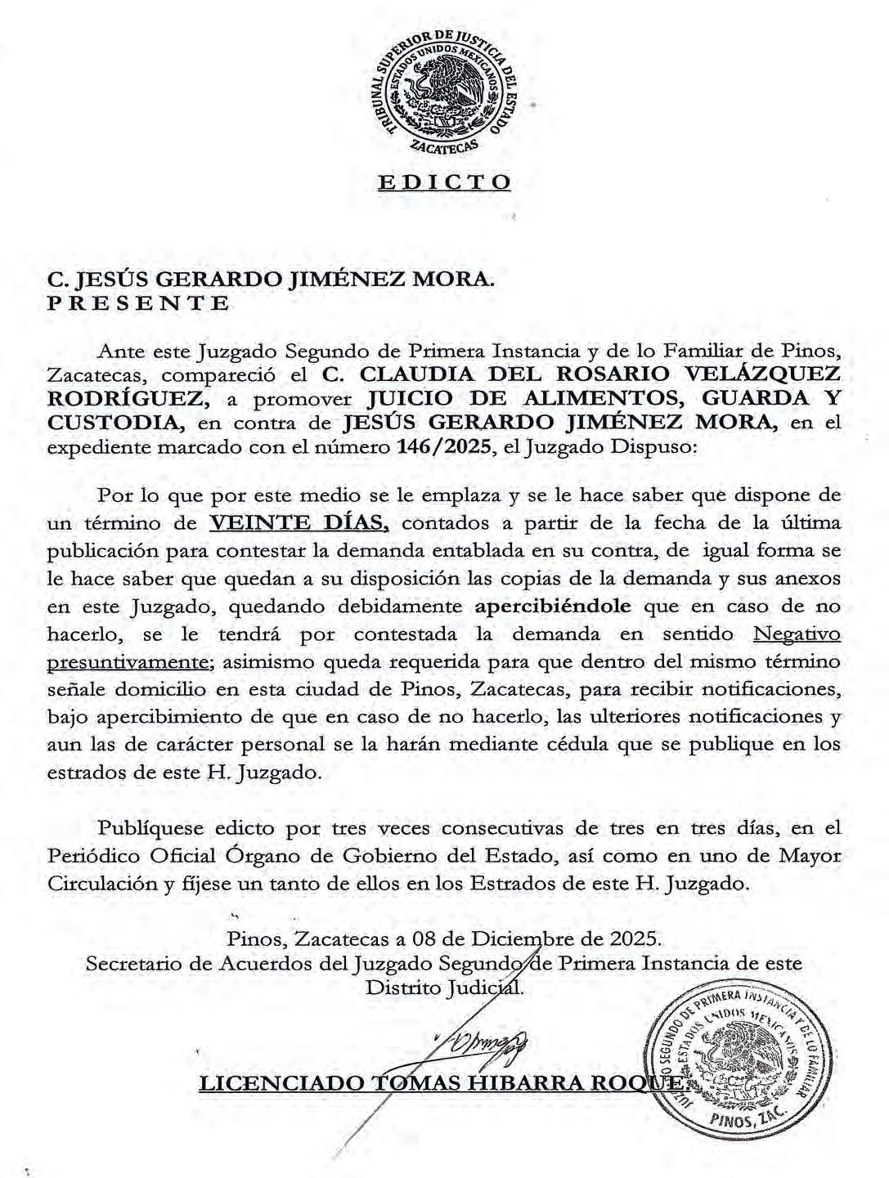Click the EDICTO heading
[x=444, y=181]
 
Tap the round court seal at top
[x=444, y=91]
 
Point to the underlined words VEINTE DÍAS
[x=299, y=522]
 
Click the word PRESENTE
[x=137, y=304]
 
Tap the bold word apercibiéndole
[x=553, y=606]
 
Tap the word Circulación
[x=105, y=884]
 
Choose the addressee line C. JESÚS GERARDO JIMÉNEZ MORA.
[x=271, y=280]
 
